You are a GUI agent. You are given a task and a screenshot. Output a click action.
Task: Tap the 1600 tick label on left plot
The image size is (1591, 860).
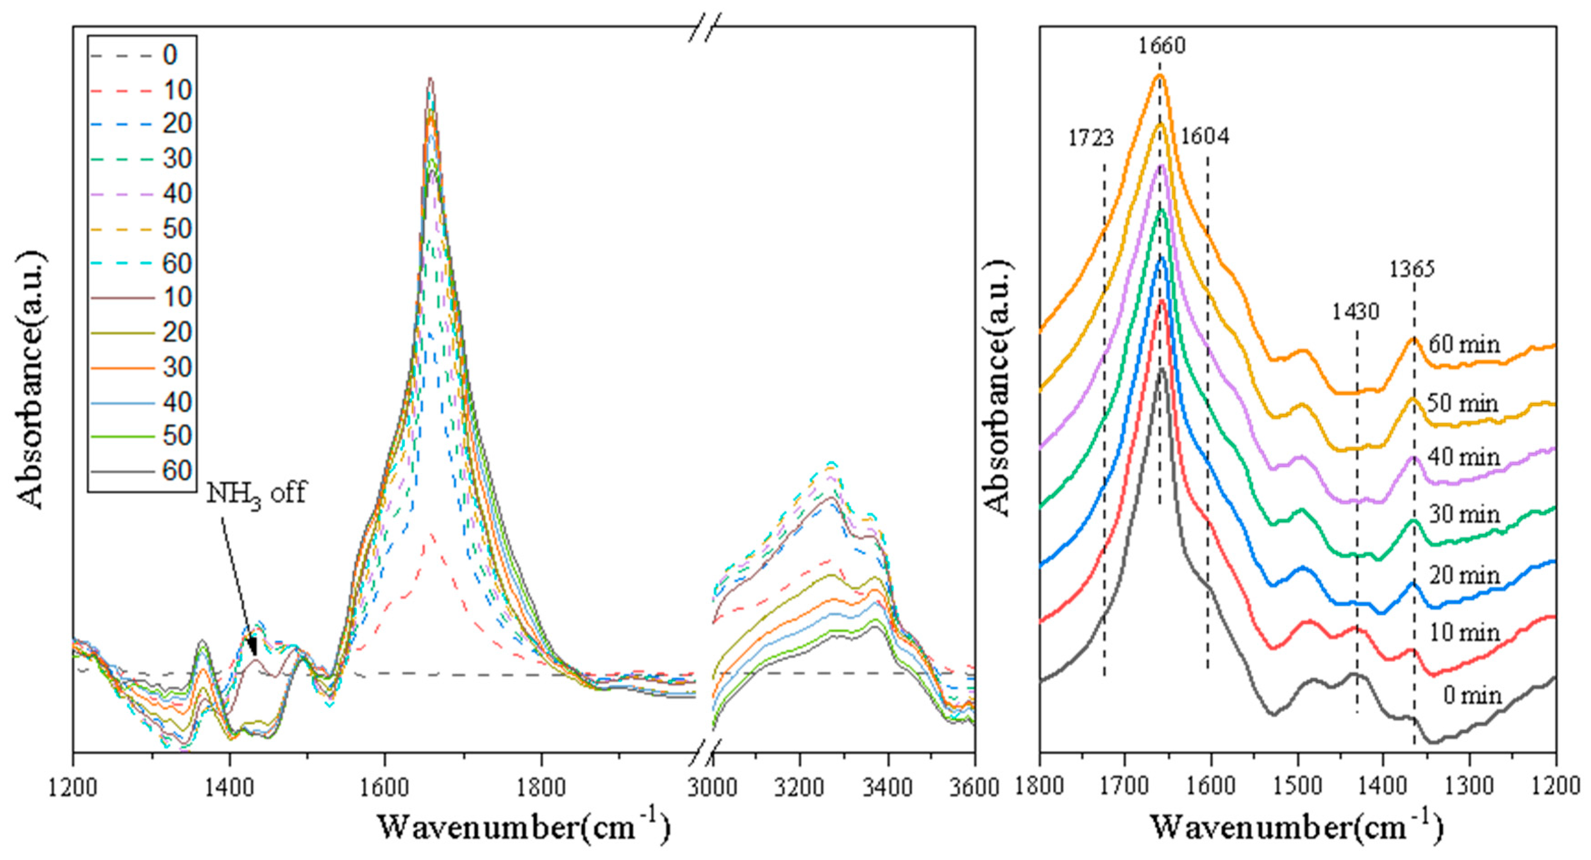point(384,788)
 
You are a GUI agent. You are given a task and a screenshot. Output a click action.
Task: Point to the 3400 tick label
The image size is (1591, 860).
point(888,788)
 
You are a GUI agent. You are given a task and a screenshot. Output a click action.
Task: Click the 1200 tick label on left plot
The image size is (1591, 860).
point(73,788)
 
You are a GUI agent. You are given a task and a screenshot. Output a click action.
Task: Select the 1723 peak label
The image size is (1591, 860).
point(1091,138)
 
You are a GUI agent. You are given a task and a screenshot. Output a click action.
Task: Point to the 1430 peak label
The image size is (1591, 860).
point(1355,312)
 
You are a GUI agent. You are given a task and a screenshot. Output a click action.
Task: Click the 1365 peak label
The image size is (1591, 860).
point(1412,269)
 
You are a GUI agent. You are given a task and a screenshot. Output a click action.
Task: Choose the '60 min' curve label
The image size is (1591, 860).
point(1464,345)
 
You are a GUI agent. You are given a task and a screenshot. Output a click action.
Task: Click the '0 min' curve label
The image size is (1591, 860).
point(1472,696)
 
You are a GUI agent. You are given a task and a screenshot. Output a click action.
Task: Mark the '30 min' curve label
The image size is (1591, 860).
point(1464,514)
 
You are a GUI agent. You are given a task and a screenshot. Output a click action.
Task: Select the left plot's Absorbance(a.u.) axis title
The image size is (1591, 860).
point(31,380)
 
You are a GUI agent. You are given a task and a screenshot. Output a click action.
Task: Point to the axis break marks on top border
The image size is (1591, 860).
point(705,27)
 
